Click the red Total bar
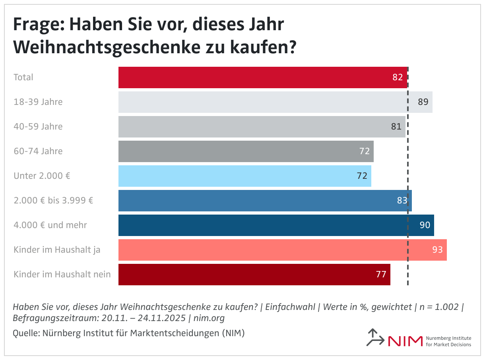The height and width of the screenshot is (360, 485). (262, 77)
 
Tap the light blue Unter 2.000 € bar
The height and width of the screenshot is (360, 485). (244, 176)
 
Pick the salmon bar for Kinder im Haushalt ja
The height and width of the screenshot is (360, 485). (282, 250)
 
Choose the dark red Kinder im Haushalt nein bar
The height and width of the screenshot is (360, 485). (254, 275)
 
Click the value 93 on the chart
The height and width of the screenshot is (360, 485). (437, 250)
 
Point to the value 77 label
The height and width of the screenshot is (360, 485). (381, 275)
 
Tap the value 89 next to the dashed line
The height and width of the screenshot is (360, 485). (423, 102)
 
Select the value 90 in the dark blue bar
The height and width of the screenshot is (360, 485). (425, 225)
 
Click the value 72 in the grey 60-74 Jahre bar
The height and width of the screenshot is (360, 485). (364, 151)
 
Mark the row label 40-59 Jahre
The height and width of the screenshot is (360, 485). (38, 127)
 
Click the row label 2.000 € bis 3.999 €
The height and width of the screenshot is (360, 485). (53, 201)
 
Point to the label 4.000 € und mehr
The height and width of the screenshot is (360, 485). (50, 225)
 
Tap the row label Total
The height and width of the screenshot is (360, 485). (23, 77)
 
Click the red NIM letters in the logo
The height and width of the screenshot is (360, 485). (405, 341)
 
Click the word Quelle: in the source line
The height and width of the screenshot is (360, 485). (26, 333)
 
